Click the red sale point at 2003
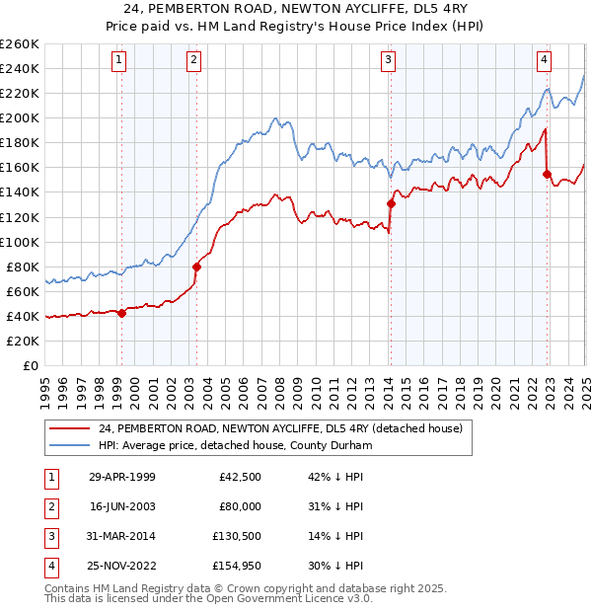click(196, 267)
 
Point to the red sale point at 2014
click(391, 203)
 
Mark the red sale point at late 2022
click(547, 174)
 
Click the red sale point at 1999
click(121, 313)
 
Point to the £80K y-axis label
click(23, 267)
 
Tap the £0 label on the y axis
click(31, 365)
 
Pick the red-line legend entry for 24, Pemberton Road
click(287, 428)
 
